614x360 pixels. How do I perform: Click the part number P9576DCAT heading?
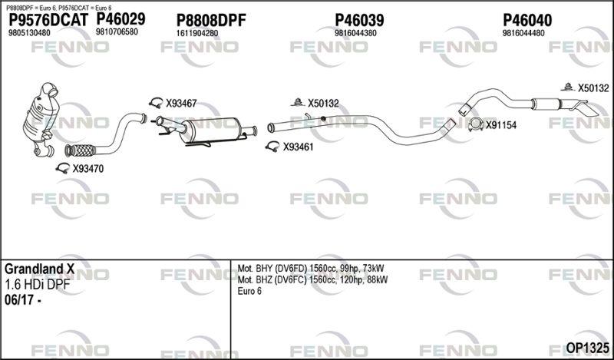pos(48,21)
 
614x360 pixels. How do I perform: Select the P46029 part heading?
pos(120,18)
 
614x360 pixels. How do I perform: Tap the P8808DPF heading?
pos(211,21)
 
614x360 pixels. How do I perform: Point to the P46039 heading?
pos(359,21)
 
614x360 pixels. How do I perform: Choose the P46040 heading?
pos(527,21)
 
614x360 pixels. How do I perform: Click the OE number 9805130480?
pos(29,33)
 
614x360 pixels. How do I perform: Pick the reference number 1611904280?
pos(197,34)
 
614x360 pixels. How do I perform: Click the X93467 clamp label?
pos(181,104)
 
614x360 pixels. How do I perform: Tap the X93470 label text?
pos(88,169)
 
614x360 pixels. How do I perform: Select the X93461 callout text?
pos(299,147)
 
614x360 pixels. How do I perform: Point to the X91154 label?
pos(501,125)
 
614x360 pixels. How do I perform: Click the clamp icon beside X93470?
pos(63,168)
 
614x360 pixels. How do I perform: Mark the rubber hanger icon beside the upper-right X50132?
pos(566,87)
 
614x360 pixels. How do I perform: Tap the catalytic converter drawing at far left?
pos(41,120)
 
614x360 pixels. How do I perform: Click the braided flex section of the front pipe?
pos(81,150)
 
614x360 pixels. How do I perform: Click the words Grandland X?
pos(39,269)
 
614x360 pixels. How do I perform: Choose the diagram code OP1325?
pos(587,348)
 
